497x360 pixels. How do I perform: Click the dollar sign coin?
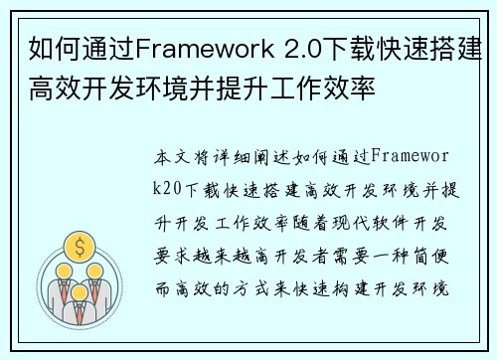pyautogui.click(x=78, y=244)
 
